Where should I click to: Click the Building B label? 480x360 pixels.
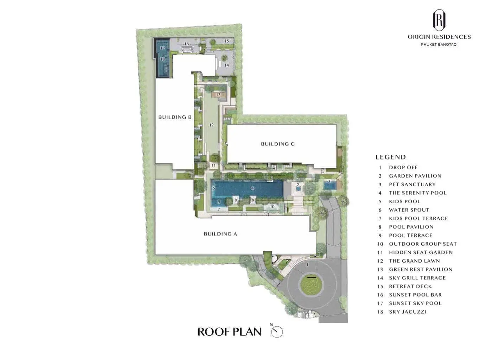175,117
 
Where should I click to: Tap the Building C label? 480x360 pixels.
278,144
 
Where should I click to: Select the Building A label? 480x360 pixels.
220,234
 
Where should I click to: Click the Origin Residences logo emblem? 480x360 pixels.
439,20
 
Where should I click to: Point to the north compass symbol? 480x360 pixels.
277,332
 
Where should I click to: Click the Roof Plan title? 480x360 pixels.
229,332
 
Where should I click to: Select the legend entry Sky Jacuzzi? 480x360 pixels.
402,312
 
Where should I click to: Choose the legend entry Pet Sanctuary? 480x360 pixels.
407,184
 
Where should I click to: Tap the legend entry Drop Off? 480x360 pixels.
398,167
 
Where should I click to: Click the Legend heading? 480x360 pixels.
391,157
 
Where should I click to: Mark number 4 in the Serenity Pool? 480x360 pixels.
252,188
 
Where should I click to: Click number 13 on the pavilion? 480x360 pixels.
218,95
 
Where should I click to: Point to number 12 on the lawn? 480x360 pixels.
211,125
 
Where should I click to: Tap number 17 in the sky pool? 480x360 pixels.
162,48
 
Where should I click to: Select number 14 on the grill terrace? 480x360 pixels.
226,65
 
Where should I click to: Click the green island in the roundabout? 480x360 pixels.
311,285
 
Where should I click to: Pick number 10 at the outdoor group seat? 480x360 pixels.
272,207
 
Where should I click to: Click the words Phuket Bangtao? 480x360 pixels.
439,44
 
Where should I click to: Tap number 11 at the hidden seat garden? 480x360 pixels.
213,165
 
